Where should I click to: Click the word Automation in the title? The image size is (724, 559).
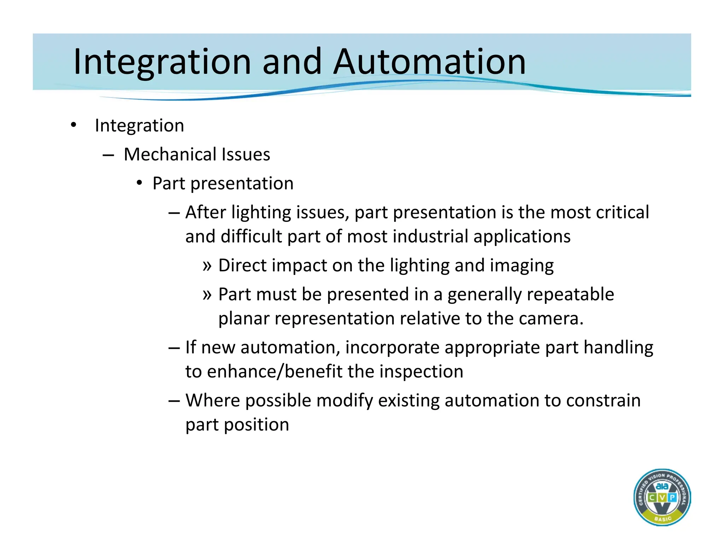point(430,62)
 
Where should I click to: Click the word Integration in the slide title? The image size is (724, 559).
point(162,62)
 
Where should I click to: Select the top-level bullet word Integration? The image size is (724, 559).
point(139,126)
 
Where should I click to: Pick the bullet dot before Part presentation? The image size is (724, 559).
point(140,183)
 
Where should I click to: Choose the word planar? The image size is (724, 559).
point(244,319)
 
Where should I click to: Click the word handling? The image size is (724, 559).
point(618,348)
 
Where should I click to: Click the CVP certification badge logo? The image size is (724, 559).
point(662,497)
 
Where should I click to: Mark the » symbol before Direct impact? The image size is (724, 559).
point(207,265)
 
